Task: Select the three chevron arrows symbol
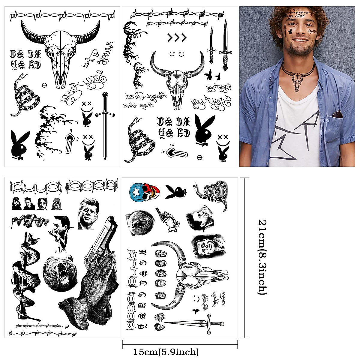tap(177, 38)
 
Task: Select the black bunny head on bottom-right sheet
tap(176, 192)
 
